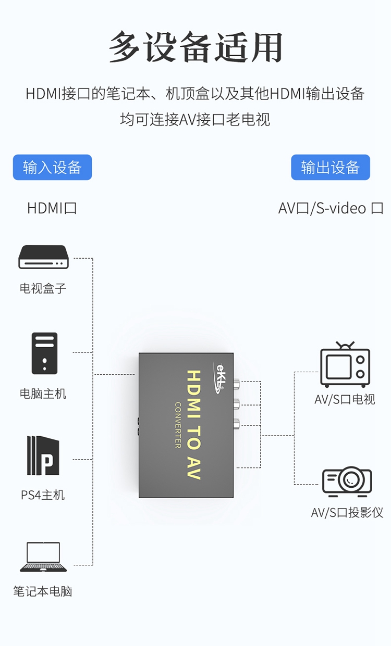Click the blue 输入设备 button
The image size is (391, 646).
click(x=52, y=167)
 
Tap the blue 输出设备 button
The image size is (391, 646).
click(x=331, y=167)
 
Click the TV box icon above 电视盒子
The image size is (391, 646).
click(x=44, y=257)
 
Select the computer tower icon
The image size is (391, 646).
click(x=44, y=353)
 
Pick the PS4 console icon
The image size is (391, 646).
click(x=43, y=455)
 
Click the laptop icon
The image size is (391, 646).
click(x=43, y=556)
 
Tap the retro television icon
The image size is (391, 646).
click(x=345, y=364)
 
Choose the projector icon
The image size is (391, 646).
click(x=347, y=482)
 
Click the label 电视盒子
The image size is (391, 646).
click(x=43, y=288)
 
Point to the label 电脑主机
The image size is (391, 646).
click(x=43, y=394)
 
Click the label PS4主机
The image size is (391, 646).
click(x=43, y=495)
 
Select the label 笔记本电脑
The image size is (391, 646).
click(x=43, y=591)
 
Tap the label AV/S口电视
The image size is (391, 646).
click(x=345, y=399)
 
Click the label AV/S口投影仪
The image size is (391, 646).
click(x=347, y=512)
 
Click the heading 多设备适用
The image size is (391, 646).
click(x=195, y=47)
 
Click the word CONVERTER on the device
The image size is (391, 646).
click(x=178, y=425)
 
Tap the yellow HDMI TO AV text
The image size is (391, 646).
click(x=193, y=425)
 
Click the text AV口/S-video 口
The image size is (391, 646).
click(x=331, y=208)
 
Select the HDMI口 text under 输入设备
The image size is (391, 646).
click(x=52, y=208)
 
